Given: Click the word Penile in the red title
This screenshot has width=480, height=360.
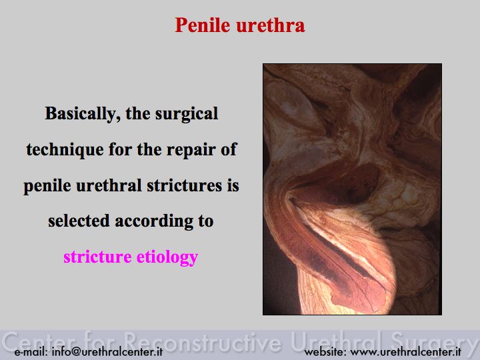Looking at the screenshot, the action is (203, 25).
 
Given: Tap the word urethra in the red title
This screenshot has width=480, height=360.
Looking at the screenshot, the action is (271, 25).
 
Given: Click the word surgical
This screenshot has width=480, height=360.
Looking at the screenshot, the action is (187, 114).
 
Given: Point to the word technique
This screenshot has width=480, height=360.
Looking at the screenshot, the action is (65, 150).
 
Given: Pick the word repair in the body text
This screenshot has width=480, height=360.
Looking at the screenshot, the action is (191, 150).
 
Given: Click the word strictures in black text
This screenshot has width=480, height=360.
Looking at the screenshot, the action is (184, 185).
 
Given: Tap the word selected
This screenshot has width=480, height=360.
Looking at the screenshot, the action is (79, 221).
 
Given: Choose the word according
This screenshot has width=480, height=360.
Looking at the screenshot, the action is (154, 221).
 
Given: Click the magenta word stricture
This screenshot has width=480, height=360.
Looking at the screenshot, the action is (97, 257).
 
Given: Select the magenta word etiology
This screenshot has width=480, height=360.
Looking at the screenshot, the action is (167, 257).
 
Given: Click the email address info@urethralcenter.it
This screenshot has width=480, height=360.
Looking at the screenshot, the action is (107, 351).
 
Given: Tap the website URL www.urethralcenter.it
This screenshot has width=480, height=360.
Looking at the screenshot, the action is (406, 351).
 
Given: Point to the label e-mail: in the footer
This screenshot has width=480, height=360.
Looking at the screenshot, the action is (31, 351).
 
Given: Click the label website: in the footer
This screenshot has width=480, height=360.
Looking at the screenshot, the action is (325, 351).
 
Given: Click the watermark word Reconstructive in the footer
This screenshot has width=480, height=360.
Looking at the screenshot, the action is (203, 341).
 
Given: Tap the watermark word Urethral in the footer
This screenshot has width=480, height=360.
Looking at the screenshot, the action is (337, 341).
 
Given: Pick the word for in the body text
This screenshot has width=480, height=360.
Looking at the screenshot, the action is (120, 150).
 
